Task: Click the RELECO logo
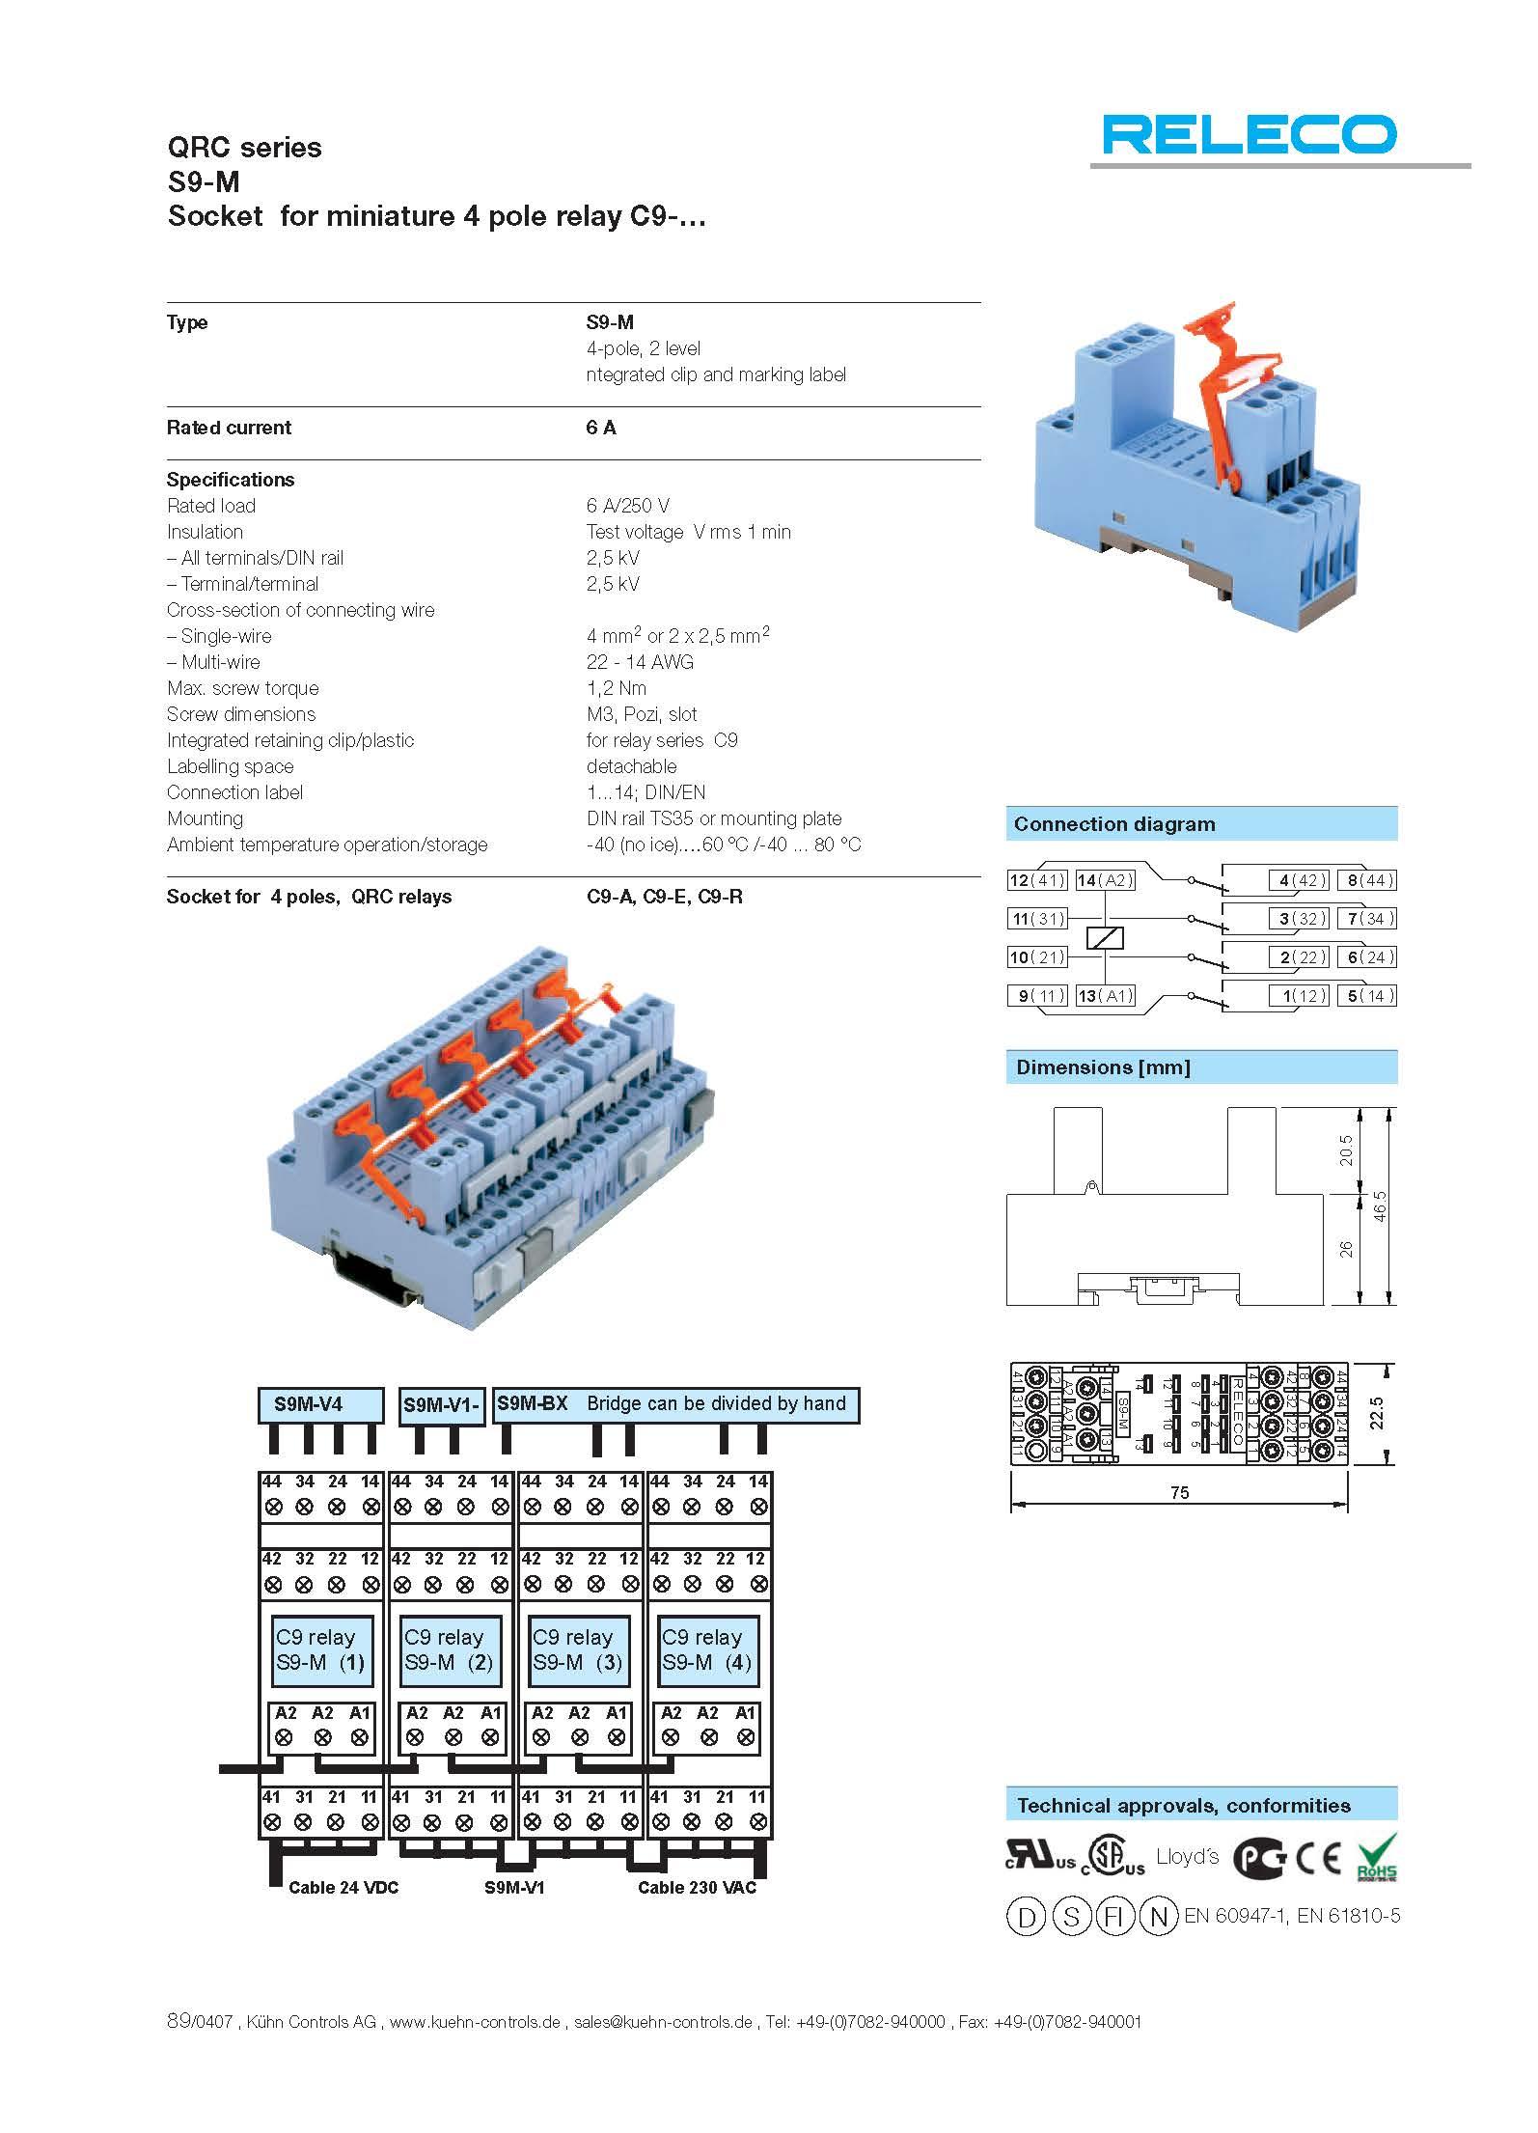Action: point(1250,134)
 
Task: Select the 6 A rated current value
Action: point(600,428)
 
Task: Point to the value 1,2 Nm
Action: point(616,688)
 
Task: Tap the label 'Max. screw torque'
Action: point(242,688)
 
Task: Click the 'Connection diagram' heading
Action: point(1114,824)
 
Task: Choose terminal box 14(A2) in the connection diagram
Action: point(1105,880)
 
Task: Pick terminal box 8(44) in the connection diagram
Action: point(1367,880)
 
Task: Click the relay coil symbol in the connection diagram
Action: point(1105,937)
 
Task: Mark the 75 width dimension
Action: point(1179,1492)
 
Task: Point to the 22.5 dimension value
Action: point(1377,1413)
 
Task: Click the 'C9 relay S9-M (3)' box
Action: point(578,1649)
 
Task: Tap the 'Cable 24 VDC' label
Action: point(343,1888)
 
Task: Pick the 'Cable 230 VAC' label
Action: point(697,1888)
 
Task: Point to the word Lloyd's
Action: point(1187,1857)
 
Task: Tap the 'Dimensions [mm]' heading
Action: point(1103,1067)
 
